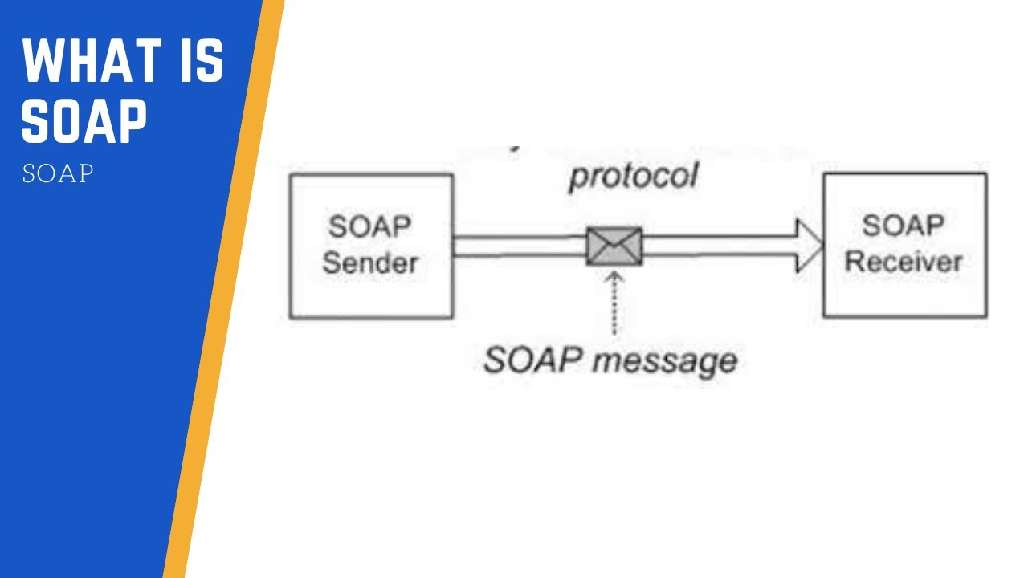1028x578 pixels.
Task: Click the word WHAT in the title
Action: point(89,61)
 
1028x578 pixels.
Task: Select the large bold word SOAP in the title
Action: point(85,121)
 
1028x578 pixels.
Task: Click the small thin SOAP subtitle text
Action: point(58,174)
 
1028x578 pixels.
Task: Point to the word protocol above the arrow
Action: point(634,176)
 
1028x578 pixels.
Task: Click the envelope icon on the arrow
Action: point(614,246)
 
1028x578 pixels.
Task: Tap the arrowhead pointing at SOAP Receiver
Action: point(809,246)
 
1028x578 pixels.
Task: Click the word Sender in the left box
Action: point(370,263)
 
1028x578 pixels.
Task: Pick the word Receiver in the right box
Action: point(904,261)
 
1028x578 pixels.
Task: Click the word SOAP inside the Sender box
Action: point(369,227)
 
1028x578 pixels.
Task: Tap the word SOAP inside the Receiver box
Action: point(904,226)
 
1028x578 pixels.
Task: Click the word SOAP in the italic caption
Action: point(532,360)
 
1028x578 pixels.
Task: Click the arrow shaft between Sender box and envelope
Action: point(518,246)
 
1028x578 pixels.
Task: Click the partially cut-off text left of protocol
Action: point(515,149)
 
